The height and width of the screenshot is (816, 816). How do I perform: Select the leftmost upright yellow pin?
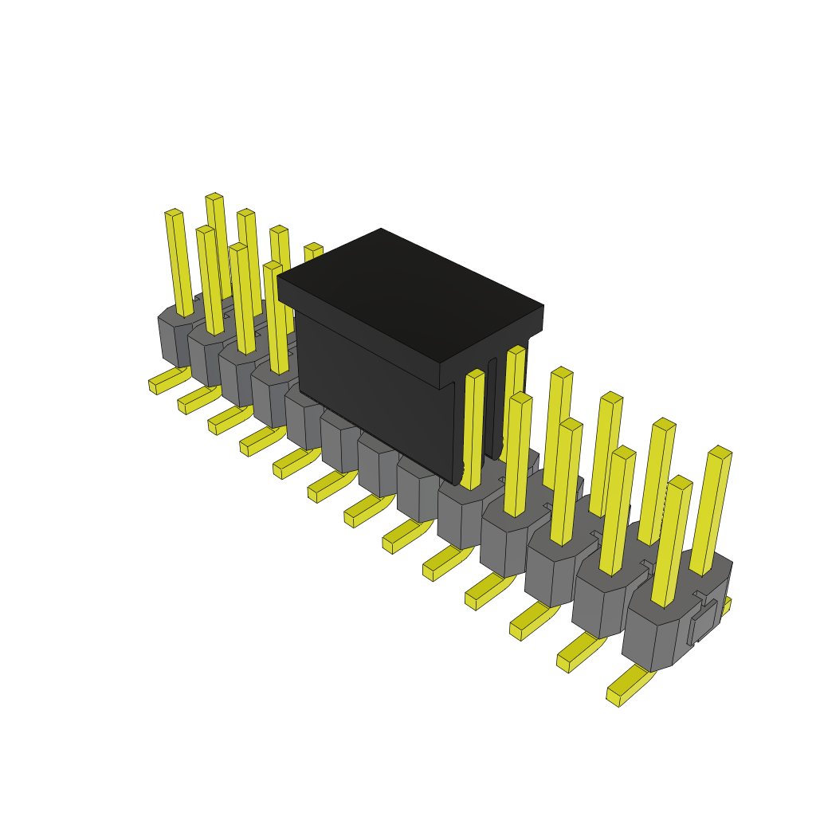tap(178, 263)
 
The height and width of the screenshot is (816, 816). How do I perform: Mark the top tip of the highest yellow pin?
tap(214, 196)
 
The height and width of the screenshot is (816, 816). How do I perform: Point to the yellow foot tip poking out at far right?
tap(726, 605)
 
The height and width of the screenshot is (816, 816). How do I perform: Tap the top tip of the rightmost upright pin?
tap(720, 452)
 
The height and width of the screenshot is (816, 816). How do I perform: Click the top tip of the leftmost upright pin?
tap(174, 213)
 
